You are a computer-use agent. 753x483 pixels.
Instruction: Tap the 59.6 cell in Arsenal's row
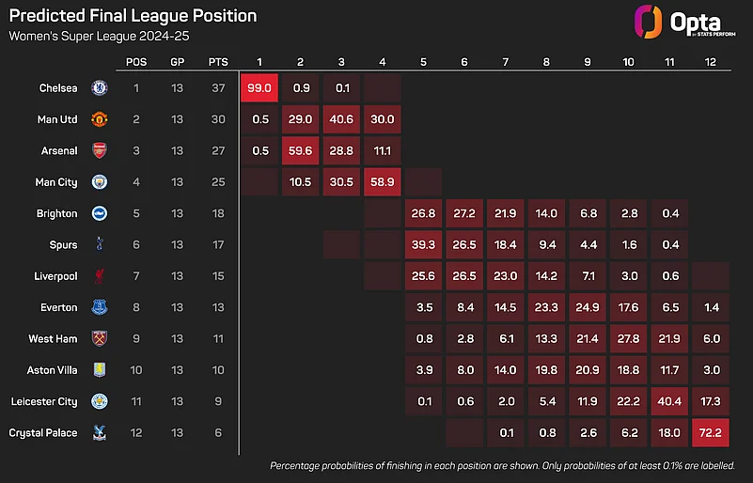click(x=300, y=150)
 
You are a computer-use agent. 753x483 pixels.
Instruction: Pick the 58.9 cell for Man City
click(x=382, y=182)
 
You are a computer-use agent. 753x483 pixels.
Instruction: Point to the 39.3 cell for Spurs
click(x=423, y=244)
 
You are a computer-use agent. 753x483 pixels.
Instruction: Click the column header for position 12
click(x=711, y=62)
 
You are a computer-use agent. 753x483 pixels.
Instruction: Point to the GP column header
click(x=178, y=62)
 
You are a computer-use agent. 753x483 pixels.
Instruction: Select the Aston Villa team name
click(x=53, y=370)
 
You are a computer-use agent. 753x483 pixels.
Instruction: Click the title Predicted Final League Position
click(x=133, y=16)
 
